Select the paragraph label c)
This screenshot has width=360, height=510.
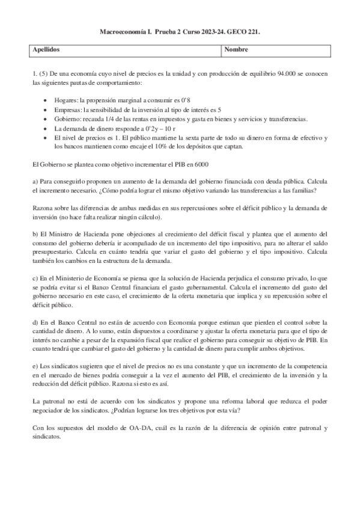(x=35, y=278)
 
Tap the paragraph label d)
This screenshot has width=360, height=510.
(x=35, y=322)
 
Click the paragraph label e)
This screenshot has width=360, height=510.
(x=35, y=367)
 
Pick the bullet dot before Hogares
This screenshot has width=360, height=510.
(x=48, y=97)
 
